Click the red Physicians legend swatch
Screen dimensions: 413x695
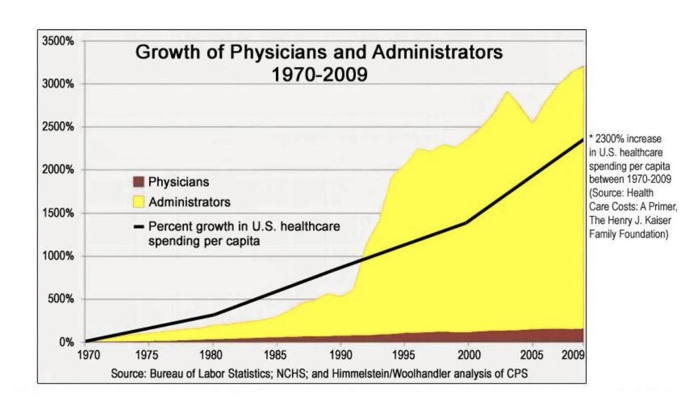click(138, 182)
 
